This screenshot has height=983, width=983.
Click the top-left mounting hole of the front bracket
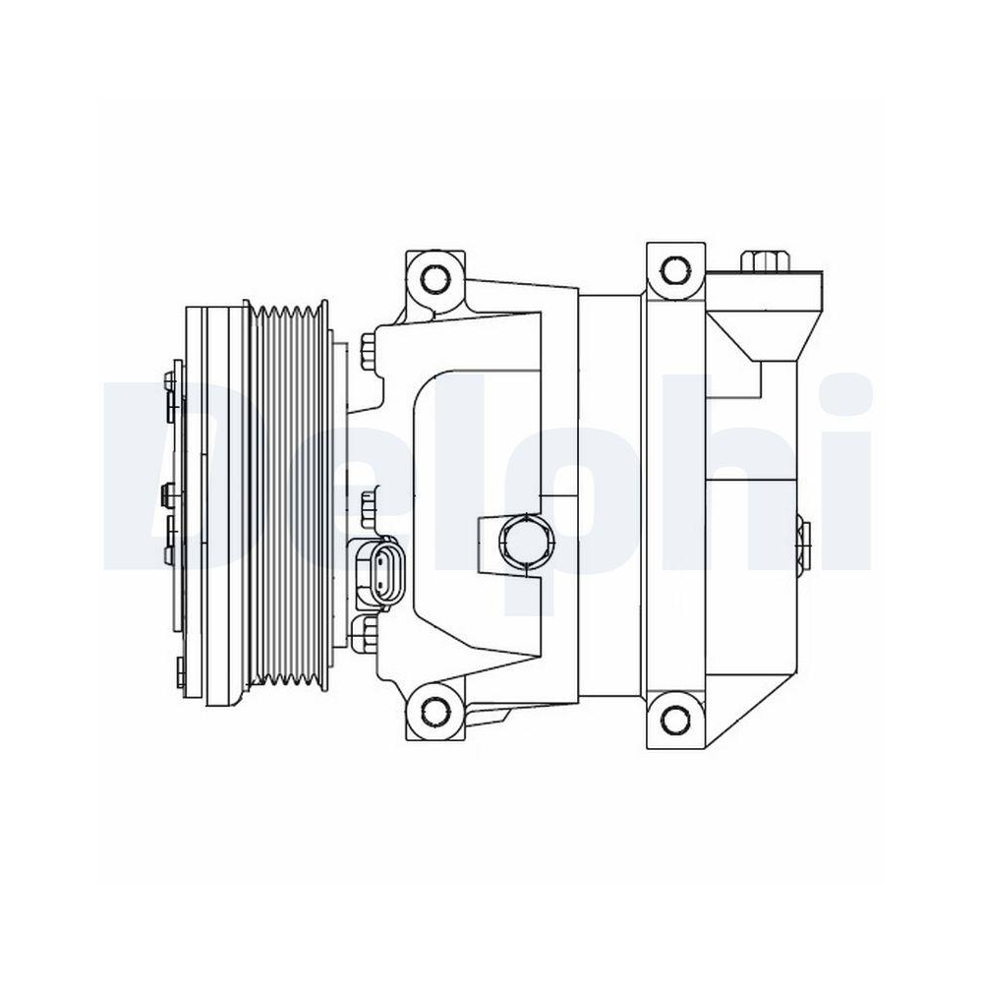click(431, 277)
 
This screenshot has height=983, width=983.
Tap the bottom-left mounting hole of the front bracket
click(431, 711)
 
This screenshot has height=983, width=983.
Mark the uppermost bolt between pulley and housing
click(369, 350)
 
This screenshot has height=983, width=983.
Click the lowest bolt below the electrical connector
click(369, 633)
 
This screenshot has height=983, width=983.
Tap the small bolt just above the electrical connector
click(369, 507)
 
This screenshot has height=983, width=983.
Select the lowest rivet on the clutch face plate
click(180, 674)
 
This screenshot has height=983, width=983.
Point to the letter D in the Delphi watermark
click(157, 472)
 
